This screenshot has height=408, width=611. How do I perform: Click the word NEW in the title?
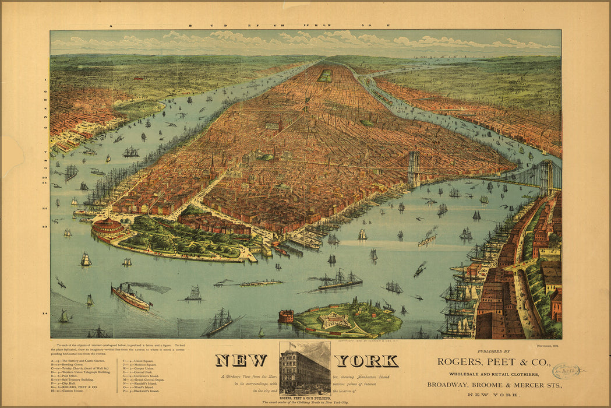pos(241,361)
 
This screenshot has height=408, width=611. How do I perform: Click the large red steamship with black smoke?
pos(130,297)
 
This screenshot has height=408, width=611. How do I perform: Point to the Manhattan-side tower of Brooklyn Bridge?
pos(413,168)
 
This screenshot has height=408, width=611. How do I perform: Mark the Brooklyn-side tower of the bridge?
pos(546,177)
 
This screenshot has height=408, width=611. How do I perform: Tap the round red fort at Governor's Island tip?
pos(285,316)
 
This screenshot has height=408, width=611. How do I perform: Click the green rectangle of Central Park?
pos(325,75)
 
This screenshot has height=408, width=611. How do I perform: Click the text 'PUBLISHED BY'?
pos(493,351)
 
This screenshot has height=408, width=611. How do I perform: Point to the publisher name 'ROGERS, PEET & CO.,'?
pos(493,362)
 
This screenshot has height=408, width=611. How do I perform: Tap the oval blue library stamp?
pos(566,371)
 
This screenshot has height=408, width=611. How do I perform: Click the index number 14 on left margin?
pos(44,314)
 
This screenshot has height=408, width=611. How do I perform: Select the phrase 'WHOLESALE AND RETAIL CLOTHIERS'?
pos(493,373)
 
